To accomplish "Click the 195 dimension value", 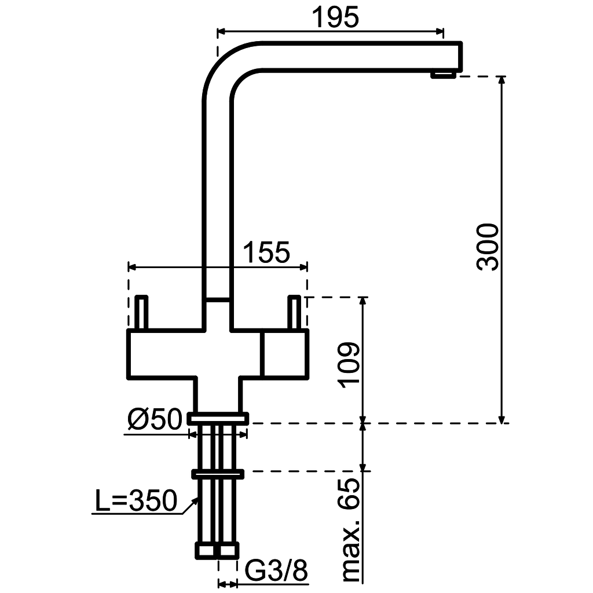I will pos(335,17).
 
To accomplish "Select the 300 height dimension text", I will pos(488,246).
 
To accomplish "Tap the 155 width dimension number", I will pos(265,253).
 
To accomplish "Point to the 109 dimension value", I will pos(349,364).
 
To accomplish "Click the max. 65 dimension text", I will pos(351,530).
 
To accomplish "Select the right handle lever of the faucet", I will pos(294,313).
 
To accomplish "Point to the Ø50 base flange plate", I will pos(218,418).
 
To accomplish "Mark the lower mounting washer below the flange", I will pos(218,474).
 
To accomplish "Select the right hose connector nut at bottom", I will pos(228,551).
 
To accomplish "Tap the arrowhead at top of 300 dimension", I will pos(502,80).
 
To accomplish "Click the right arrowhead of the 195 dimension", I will pos(440,32).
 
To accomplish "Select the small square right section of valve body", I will pos(284,356).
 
